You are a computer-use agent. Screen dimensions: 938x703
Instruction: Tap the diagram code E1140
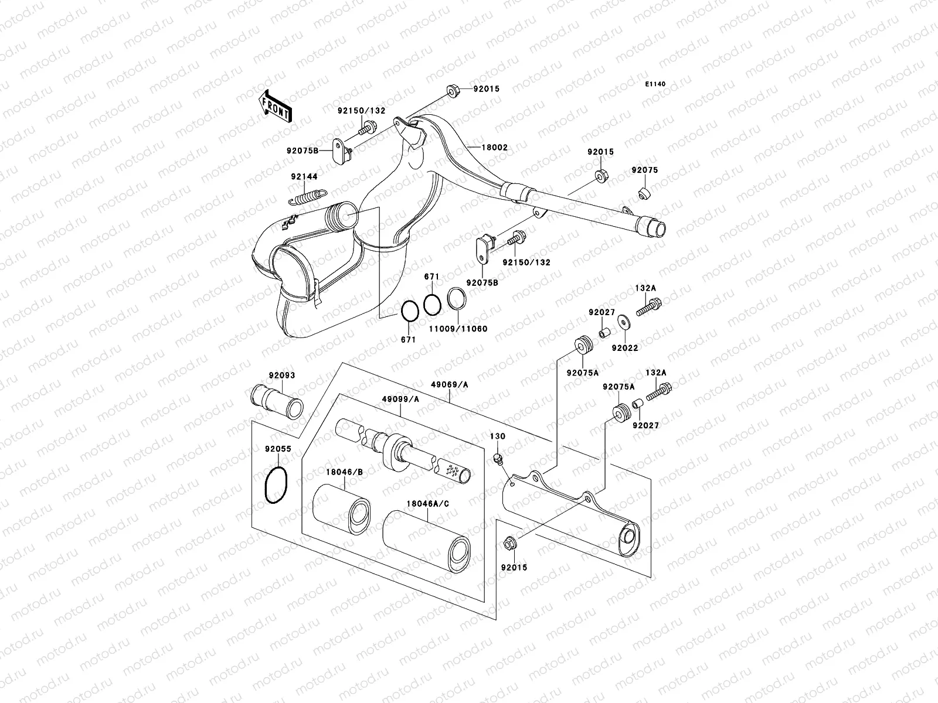655,84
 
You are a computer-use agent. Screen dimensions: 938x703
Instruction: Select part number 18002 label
494,147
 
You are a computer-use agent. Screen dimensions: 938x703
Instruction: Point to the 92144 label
304,176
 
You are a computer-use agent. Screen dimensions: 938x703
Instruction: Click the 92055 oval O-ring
276,485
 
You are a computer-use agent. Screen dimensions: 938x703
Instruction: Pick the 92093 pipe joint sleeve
277,401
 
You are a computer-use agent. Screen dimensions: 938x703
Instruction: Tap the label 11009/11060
458,329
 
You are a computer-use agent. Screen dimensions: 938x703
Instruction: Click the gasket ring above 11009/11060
456,298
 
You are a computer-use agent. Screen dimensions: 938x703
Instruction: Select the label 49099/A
400,399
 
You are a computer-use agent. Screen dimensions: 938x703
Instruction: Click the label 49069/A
449,384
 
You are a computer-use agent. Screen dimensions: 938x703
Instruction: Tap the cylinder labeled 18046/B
341,509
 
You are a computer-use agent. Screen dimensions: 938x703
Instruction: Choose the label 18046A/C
428,504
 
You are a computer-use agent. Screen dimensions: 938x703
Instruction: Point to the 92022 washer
624,322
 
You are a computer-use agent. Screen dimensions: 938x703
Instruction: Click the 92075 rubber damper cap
644,193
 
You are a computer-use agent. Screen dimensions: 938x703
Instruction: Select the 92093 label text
282,375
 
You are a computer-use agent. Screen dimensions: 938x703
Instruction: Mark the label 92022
625,348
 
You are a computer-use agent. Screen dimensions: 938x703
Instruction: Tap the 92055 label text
278,449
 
